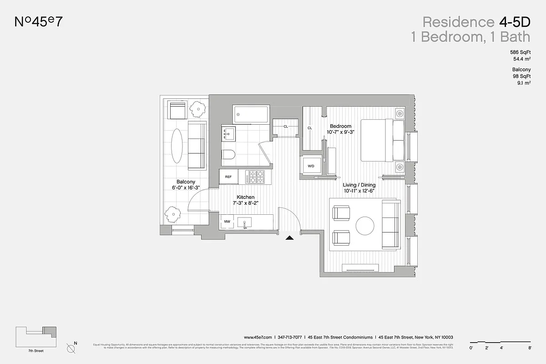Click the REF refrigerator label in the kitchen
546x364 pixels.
point(228,177)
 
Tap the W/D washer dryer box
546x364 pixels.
point(311,166)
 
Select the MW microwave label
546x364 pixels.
point(227,222)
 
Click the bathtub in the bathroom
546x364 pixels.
point(251,114)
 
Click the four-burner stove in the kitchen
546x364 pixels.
point(255,176)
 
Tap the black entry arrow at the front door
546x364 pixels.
point(289,237)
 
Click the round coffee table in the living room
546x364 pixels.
point(365,225)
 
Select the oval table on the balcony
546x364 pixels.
point(178,146)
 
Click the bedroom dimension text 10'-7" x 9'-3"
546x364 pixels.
point(340,132)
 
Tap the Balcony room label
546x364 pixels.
point(186,182)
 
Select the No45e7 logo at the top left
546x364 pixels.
point(38,22)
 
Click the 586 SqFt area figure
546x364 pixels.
point(521,53)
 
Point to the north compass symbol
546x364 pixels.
point(71,349)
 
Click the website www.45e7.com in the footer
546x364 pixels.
point(258,338)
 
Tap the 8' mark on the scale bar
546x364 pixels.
point(530,348)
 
